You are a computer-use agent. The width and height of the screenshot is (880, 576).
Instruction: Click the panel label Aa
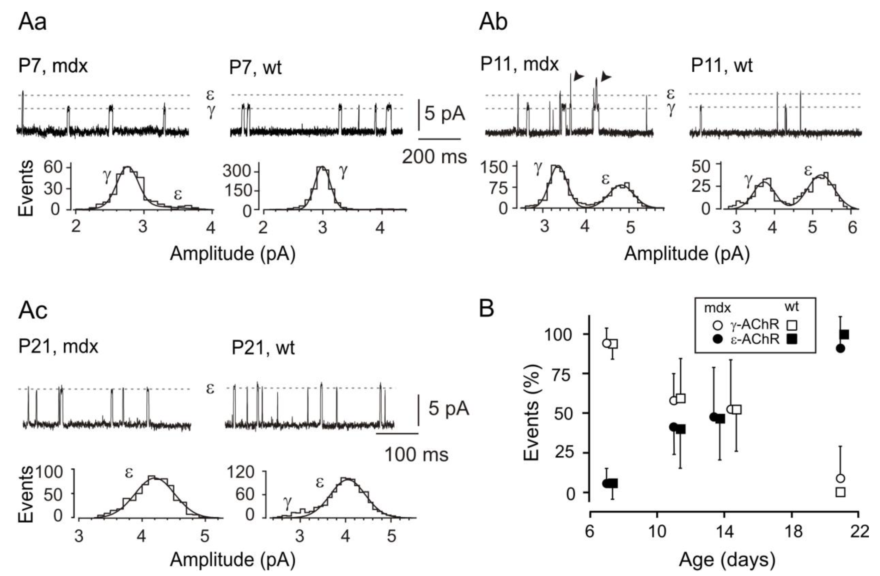(32, 22)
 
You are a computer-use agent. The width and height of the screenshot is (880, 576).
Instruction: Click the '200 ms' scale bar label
(434, 157)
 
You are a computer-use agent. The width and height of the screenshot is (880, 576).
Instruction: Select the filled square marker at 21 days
(845, 335)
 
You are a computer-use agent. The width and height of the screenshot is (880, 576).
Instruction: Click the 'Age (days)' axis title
(727, 560)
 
